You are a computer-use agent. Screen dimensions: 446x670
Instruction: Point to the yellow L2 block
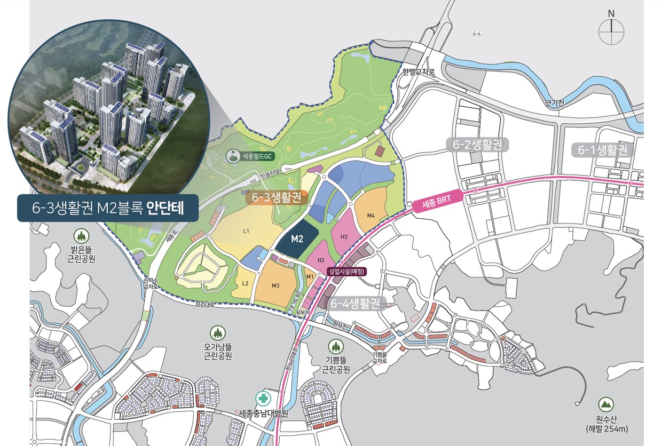pyautogui.click(x=245, y=283)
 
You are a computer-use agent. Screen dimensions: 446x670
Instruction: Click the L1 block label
pyautogui.click(x=246, y=231)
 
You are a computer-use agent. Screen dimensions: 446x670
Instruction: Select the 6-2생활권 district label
pyautogui.click(x=477, y=145)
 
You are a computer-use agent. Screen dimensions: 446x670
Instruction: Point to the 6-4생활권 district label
pyautogui.click(x=354, y=304)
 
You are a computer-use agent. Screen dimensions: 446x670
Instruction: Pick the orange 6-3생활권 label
pyautogui.click(x=279, y=197)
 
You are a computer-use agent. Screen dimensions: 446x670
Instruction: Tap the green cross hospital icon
pyautogui.click(x=263, y=399)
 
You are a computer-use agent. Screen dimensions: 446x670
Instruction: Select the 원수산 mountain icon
pyautogui.click(x=605, y=404)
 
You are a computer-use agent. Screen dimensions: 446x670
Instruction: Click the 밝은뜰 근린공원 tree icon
pyautogui.click(x=81, y=235)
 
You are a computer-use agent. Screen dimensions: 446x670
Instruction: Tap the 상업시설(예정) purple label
pyautogui.click(x=347, y=271)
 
